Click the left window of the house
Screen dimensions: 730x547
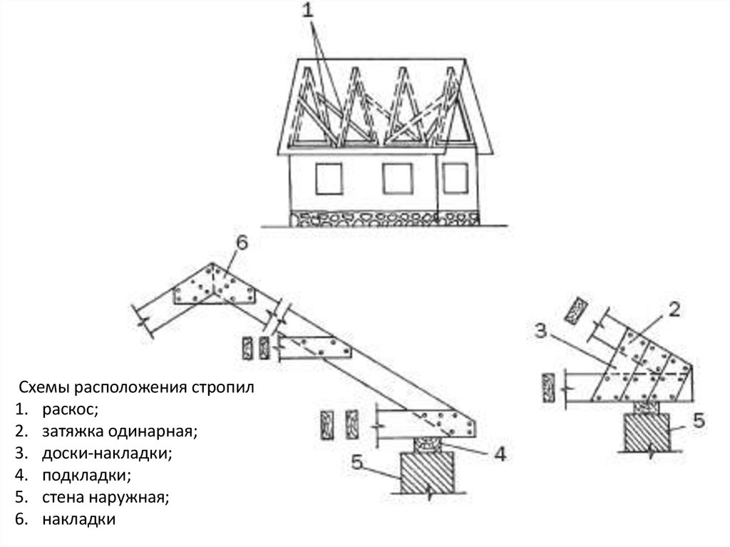[x=328, y=178]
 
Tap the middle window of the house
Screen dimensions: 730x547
[x=397, y=178]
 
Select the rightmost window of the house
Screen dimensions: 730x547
[x=453, y=178]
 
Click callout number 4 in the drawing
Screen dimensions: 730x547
[x=500, y=454]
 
